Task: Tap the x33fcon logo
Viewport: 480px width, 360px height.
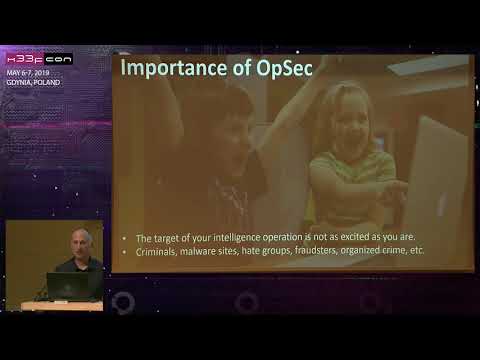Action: (39, 58)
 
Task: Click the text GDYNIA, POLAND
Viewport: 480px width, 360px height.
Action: (33, 82)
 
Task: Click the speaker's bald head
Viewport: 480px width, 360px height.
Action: (79, 238)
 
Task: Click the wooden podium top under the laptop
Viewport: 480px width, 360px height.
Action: (62, 305)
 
